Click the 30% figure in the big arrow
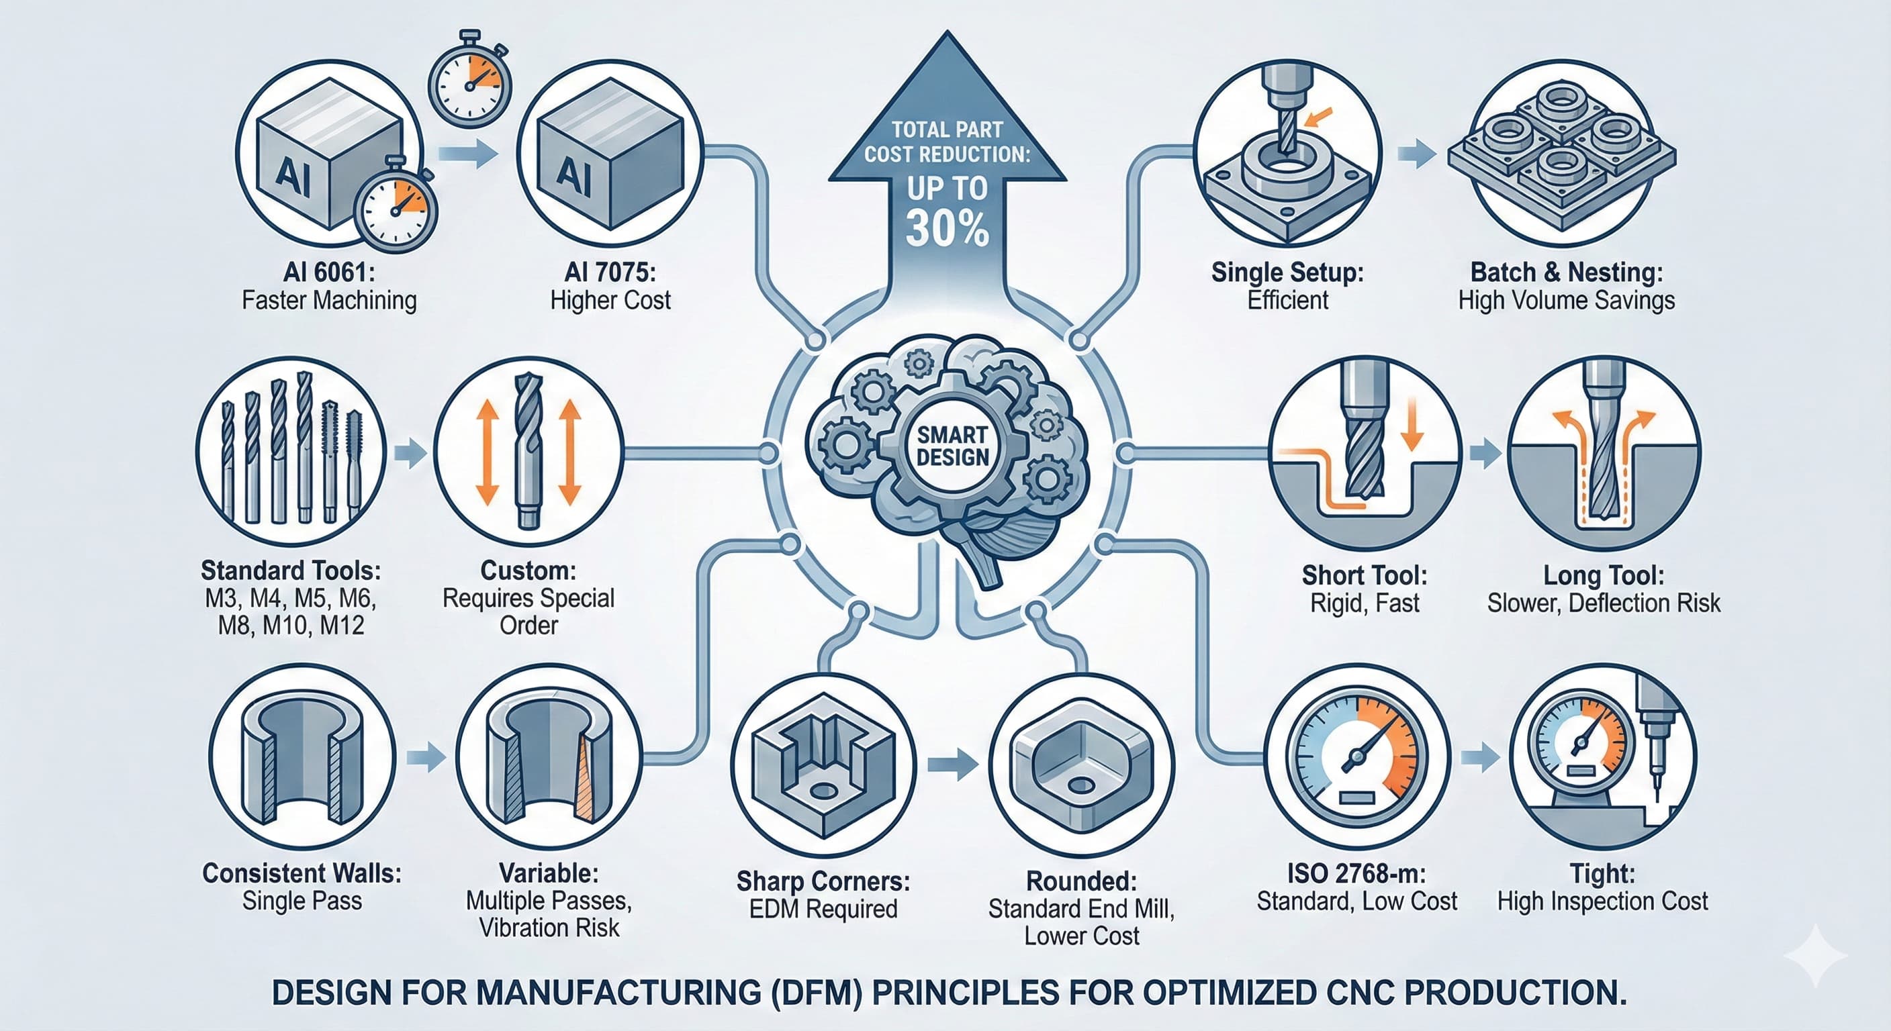947,228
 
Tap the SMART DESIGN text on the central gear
952,446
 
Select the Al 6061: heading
329,273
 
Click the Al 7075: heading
610,273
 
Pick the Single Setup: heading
1287,273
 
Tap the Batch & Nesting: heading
1567,273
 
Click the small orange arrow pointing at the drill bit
1318,117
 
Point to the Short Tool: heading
1364,575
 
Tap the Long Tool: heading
1603,575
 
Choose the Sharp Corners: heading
823,881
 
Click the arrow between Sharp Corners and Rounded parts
952,765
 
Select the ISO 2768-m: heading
1356,873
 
